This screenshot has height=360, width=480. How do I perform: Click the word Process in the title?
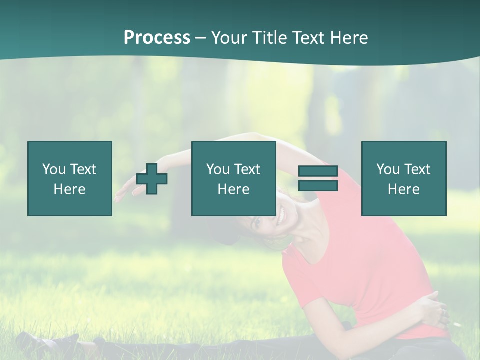157,38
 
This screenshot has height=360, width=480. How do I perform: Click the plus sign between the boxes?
152,178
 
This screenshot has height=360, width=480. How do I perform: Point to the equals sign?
318,178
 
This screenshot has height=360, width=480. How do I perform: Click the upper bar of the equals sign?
318,171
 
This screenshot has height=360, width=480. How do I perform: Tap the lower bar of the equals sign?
318,185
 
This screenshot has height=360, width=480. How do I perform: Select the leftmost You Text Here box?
70,178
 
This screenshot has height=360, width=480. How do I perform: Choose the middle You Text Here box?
234,178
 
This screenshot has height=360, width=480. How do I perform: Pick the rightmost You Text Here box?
404,178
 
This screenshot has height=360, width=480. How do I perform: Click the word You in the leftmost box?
54,169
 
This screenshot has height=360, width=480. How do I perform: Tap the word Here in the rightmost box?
404,189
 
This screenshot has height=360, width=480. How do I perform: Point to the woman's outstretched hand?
124,193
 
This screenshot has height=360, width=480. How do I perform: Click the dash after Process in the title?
200,38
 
